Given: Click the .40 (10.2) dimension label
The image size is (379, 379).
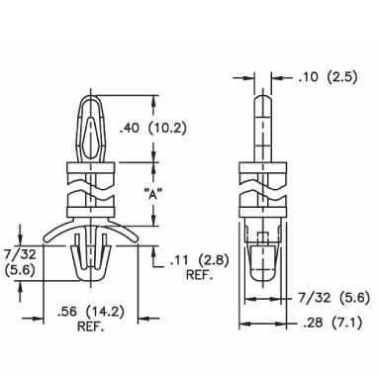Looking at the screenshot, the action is (152, 128).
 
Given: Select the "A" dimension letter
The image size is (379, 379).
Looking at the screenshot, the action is (153, 194).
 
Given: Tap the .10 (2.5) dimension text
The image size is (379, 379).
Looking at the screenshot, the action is (328, 77).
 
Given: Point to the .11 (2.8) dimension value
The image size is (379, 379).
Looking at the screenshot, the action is (200, 261).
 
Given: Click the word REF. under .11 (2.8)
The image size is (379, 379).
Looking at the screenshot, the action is (200, 275).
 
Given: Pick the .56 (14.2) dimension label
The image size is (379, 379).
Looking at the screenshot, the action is (91, 312).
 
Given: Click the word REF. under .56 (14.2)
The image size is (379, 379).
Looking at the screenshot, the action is (91, 327).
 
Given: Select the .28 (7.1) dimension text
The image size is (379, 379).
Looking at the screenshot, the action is (332, 323).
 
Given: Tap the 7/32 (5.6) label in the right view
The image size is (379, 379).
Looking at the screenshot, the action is (334, 298).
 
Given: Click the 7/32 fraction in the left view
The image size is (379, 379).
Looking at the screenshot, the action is (19, 254).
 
